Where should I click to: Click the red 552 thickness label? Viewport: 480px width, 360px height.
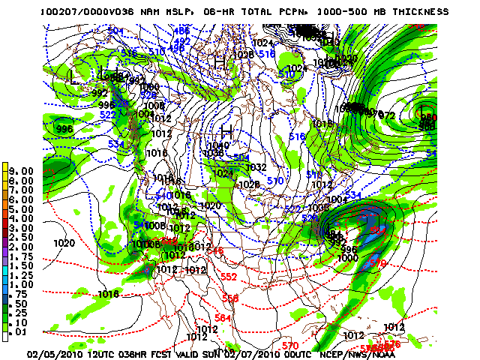tap(229, 277)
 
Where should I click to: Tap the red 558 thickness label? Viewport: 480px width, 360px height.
tap(230, 298)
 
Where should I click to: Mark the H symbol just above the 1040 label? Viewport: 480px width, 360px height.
tap(223, 133)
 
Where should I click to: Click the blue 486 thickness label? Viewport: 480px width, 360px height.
tap(182, 31)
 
